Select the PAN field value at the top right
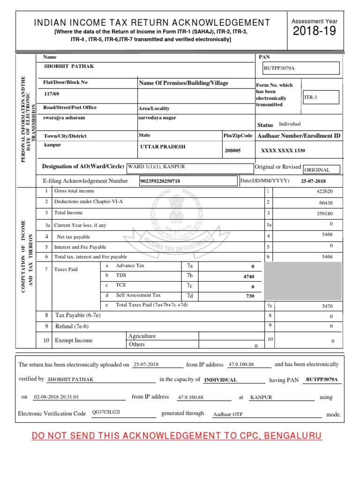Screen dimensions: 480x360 coord(301,68)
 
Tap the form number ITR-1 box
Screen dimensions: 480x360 coord(320,97)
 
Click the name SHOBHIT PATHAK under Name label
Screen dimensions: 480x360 coord(69,66)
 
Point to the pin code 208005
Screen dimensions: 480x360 coord(232,150)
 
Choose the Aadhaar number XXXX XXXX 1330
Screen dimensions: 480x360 coord(283,150)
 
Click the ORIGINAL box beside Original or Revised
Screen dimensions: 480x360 coord(321,170)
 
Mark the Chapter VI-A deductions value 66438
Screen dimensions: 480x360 coord(325,202)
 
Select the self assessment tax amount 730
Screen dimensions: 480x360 coord(250,296)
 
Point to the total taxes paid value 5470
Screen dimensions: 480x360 coord(327,306)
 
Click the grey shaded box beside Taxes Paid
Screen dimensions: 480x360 coord(303,281)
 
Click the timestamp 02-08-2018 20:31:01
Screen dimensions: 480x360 coord(56,397)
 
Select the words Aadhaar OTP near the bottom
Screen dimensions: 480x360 coord(228,414)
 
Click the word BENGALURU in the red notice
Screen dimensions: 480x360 coord(293,436)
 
